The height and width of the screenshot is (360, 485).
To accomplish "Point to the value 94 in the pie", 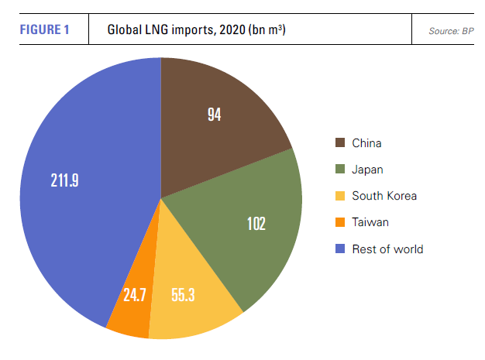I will [215, 115].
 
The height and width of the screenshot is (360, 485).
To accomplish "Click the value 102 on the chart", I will [255, 224].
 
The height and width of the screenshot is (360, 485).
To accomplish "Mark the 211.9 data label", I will [64, 182].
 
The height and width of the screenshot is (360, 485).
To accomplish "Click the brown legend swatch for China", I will [339, 142].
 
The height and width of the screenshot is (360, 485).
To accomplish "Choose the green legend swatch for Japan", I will [339, 169].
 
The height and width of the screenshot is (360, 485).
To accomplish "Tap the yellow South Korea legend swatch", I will [339, 195].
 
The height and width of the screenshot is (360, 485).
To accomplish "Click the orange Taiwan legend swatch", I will [339, 222].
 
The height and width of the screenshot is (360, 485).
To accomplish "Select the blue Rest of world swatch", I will [339, 249].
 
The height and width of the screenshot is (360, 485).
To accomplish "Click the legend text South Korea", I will [384, 196].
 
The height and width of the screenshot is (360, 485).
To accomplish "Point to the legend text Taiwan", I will [370, 222].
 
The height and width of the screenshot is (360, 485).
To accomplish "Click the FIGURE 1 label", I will [44, 30].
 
